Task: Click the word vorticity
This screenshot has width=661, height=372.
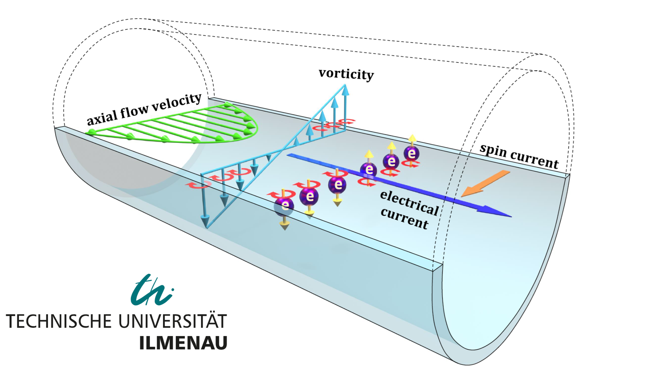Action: pos(346,74)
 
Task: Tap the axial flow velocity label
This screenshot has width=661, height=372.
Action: pos(144,109)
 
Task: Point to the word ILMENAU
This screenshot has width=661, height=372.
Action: pos(183,343)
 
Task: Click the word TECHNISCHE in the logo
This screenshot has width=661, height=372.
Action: pos(59,321)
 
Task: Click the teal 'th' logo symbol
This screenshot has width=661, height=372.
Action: pos(152,290)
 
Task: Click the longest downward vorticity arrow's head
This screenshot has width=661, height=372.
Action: pos(205,221)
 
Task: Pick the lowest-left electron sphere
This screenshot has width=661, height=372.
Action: pos(284,206)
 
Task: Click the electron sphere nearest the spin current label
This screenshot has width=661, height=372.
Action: pos(411,153)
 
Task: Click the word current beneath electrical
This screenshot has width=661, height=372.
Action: pos(404,219)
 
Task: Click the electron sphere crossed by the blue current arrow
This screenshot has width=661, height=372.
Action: pos(368,170)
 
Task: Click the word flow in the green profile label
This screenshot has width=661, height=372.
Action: pos(134,110)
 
